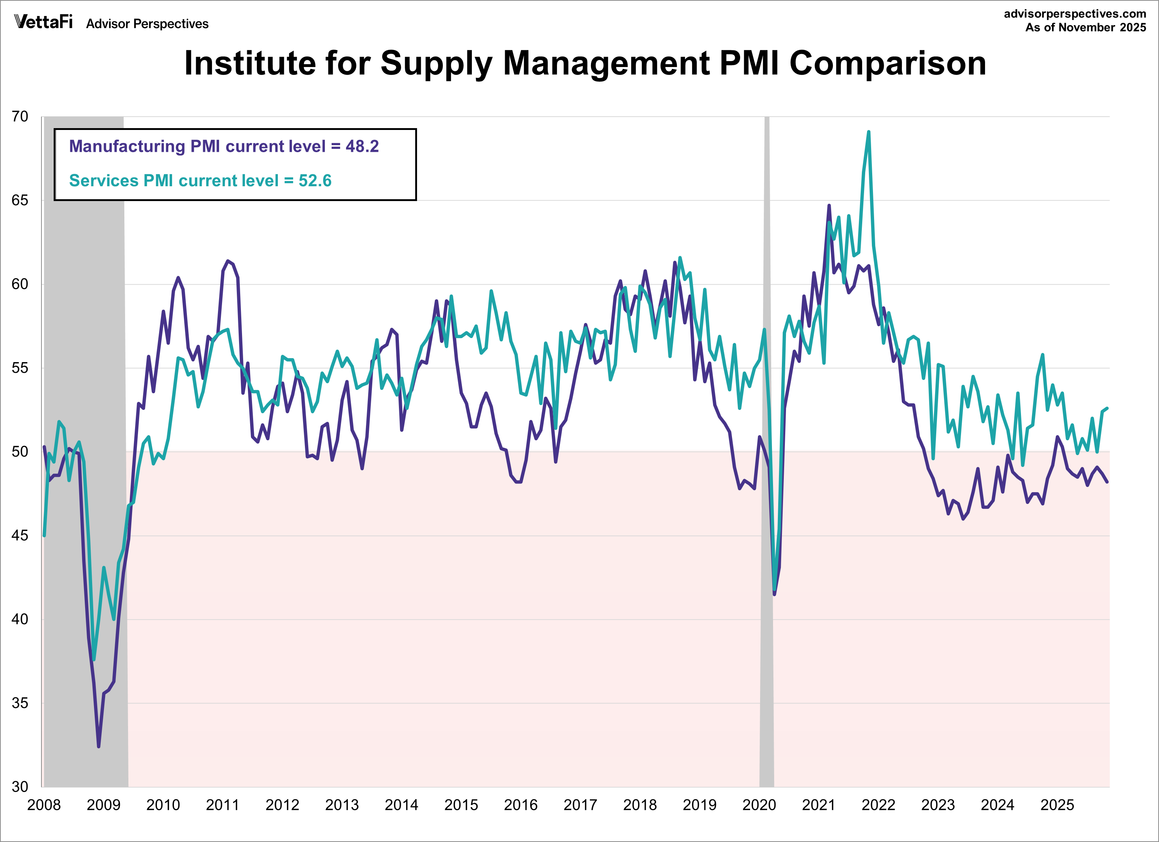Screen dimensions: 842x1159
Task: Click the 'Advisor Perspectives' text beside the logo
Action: (147, 24)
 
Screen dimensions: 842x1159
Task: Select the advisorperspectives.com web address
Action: (1075, 14)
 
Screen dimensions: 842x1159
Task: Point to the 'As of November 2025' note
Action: (1085, 28)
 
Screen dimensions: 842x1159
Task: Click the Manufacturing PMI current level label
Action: (224, 146)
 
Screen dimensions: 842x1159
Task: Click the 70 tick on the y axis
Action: (20, 117)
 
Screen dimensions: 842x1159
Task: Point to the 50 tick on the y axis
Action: (20, 452)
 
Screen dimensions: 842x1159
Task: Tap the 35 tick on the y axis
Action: (20, 703)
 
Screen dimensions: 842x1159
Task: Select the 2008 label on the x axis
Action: (44, 805)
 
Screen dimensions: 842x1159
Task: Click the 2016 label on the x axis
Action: (521, 805)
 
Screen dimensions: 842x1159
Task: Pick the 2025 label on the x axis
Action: (1057, 805)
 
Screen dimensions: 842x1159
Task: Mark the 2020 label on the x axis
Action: (759, 805)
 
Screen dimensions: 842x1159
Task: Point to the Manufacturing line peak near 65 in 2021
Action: (829, 206)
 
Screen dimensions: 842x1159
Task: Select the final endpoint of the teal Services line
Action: (1107, 408)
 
